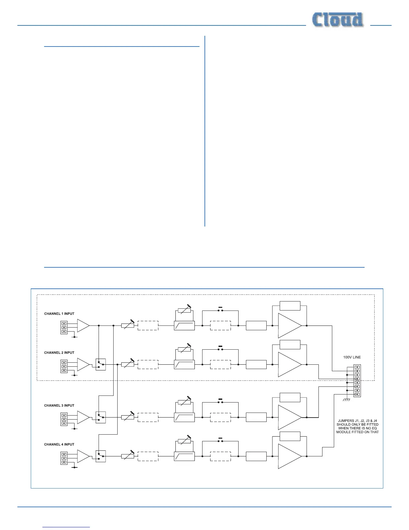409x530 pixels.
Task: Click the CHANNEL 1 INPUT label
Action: pyautogui.click(x=59, y=314)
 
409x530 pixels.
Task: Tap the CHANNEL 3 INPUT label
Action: pyautogui.click(x=59, y=406)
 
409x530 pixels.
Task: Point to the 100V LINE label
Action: pyautogui.click(x=352, y=357)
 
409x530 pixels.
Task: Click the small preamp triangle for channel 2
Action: pyautogui.click(x=83, y=364)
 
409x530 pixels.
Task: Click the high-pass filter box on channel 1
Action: pyautogui.click(x=184, y=326)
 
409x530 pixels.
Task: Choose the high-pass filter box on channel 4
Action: pyautogui.click(x=184, y=456)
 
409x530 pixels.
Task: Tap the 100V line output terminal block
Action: pyautogui.click(x=357, y=381)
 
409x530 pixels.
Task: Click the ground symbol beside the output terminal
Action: pyautogui.click(x=346, y=399)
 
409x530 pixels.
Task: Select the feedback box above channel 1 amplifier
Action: pyautogui.click(x=290, y=306)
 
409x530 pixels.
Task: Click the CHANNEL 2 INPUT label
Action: pyautogui.click(x=59, y=353)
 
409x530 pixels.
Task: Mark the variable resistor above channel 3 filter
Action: pyautogui.click(x=184, y=402)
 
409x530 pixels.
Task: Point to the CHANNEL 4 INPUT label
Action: pyautogui.click(x=59, y=444)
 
